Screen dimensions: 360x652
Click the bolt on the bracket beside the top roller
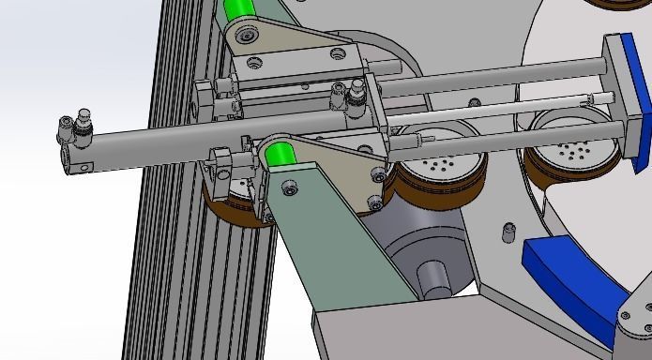[248, 37]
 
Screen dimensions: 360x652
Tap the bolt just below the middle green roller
[290, 190]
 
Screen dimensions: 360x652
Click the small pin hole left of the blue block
[508, 228]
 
